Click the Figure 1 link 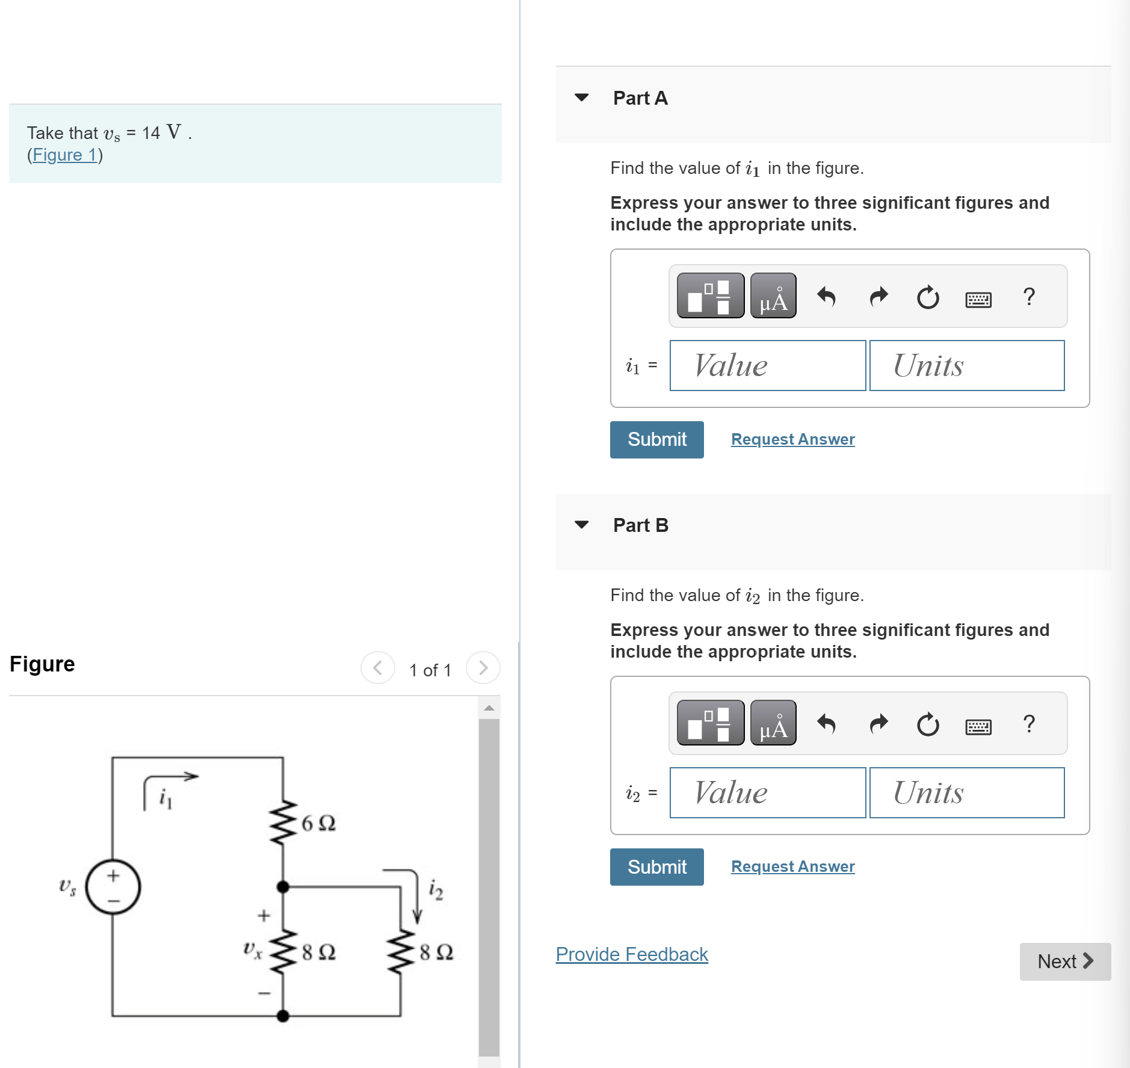click(x=64, y=155)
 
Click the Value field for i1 click(x=767, y=366)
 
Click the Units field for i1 click(x=966, y=366)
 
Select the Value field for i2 click(x=767, y=793)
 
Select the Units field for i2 click(x=966, y=793)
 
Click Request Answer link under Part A click(x=792, y=439)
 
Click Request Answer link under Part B click(x=792, y=866)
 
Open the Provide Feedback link click(x=631, y=954)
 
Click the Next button click(x=1064, y=962)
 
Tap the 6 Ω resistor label click(x=318, y=823)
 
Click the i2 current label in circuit click(x=436, y=890)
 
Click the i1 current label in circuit click(x=166, y=799)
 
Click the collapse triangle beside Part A click(x=581, y=97)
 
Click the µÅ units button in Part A click(x=773, y=295)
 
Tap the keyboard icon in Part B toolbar click(x=978, y=727)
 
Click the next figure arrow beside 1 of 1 click(x=483, y=668)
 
